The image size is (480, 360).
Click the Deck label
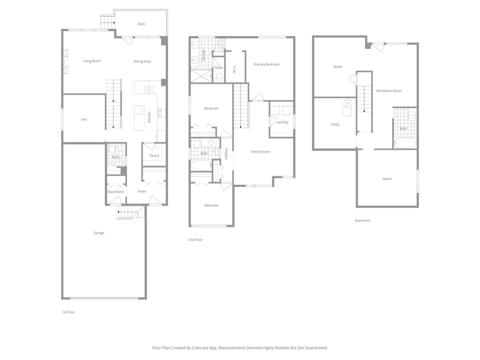(x=141, y=24)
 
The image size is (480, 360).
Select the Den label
(x=84, y=119)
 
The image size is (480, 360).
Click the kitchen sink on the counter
(x=149, y=89)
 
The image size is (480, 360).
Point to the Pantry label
(x=154, y=156)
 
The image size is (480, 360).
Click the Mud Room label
(x=116, y=192)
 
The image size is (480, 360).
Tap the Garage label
(x=99, y=233)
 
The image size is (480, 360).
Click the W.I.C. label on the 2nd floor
(x=234, y=68)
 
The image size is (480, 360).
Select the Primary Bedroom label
(x=266, y=64)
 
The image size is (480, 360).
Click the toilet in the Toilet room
(x=219, y=77)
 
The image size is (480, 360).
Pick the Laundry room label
(x=282, y=122)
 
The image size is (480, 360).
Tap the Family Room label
(x=260, y=152)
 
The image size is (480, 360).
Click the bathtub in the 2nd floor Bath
(x=201, y=165)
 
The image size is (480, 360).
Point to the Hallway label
(x=226, y=154)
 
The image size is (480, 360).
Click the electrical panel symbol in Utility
(x=348, y=103)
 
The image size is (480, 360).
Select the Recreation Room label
(x=389, y=91)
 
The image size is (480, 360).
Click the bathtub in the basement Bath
(x=405, y=143)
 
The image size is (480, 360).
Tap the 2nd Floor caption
(x=195, y=240)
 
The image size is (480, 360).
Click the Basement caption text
(x=362, y=220)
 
